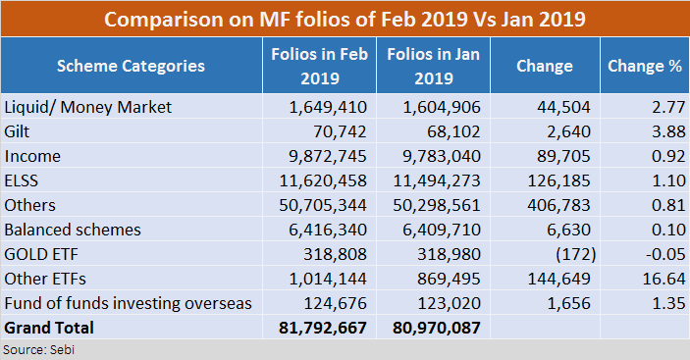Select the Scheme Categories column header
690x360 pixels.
(131, 66)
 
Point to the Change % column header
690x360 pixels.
(644, 66)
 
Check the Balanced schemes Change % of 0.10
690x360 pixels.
(666, 230)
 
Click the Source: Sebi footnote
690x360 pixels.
(31, 349)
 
